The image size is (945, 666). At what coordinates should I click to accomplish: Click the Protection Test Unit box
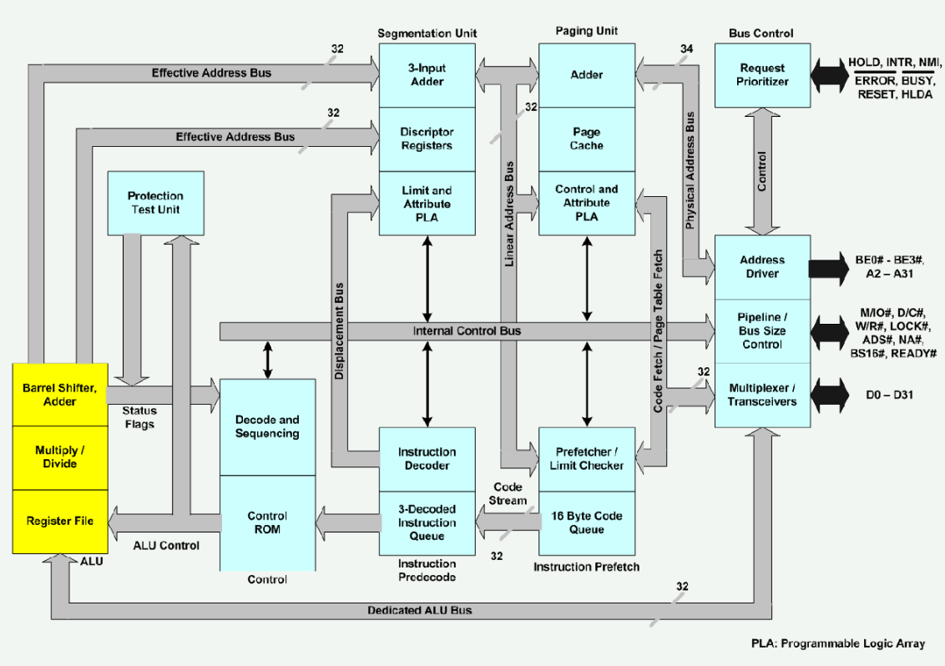point(155,203)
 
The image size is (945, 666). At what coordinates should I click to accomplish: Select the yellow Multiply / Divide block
point(60,457)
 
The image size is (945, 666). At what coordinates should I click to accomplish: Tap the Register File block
point(60,522)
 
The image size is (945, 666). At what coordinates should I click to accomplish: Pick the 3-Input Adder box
point(427,75)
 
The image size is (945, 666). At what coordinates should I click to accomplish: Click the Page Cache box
point(586,139)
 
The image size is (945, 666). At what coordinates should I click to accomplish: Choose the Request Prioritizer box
point(762,75)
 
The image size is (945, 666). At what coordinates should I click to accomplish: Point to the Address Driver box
point(762,267)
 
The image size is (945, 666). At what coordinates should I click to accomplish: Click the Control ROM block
point(268,523)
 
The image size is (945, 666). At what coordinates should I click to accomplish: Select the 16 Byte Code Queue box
point(586,523)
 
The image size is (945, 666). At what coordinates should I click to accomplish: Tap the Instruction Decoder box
point(427,459)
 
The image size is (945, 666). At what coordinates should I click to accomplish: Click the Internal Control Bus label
point(467,330)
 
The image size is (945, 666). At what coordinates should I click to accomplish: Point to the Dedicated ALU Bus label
point(419,610)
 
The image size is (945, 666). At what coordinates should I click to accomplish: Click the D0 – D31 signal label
point(889,395)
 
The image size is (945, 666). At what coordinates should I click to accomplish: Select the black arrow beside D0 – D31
point(830,396)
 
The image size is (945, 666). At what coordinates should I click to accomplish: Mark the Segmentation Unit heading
point(427,33)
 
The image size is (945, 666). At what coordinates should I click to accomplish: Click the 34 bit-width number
point(686,48)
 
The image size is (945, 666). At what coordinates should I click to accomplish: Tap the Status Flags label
point(139,417)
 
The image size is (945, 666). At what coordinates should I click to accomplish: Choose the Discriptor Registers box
point(427,139)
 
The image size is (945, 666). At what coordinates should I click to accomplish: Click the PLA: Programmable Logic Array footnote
point(837,643)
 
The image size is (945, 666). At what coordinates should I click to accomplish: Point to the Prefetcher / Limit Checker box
point(586,459)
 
